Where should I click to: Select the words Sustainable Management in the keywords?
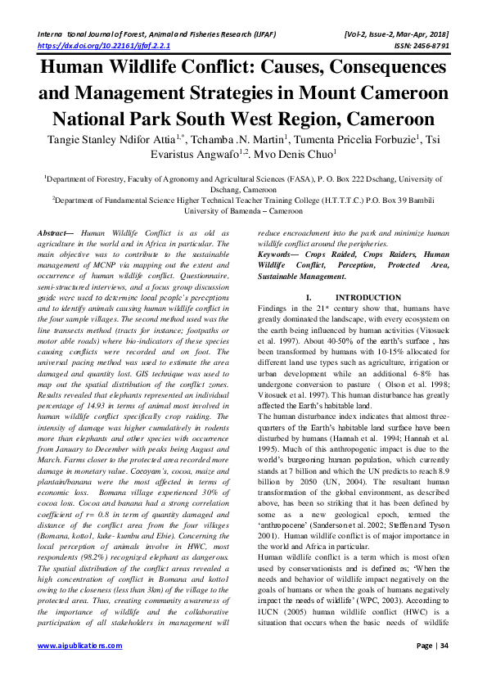click(310, 276)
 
